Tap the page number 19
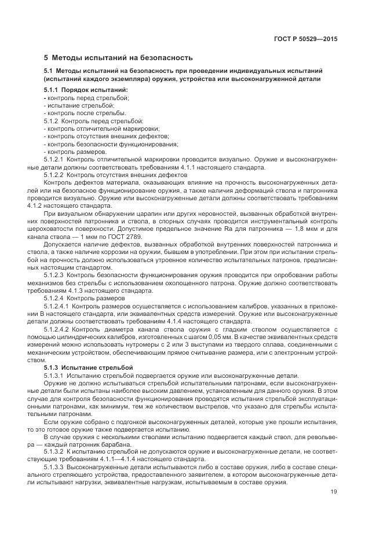pos(334,492)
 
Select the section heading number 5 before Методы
pos(46,58)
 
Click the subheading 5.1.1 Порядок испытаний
pos(86,91)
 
